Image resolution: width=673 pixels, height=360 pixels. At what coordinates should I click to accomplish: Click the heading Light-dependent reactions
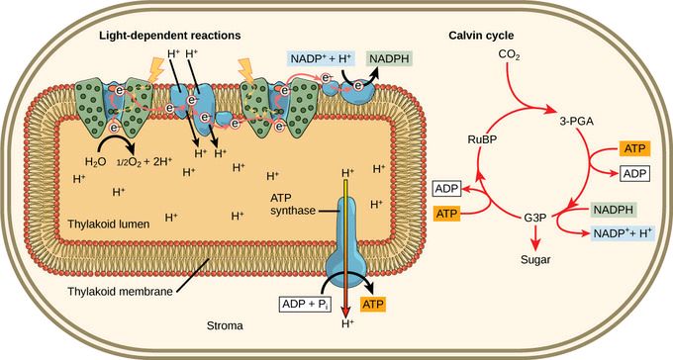tap(170, 36)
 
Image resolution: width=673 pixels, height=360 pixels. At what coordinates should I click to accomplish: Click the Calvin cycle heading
tap(481, 36)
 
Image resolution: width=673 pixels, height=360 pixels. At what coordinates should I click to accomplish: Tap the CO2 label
tap(509, 55)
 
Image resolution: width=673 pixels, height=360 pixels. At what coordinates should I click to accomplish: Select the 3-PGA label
tap(576, 122)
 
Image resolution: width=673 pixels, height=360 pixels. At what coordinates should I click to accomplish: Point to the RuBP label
tap(482, 139)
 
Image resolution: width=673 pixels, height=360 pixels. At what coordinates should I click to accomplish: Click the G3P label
tap(534, 218)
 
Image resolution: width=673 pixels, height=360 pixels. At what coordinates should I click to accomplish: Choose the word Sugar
tap(535, 259)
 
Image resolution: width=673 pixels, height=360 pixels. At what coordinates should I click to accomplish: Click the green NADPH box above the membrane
tap(389, 58)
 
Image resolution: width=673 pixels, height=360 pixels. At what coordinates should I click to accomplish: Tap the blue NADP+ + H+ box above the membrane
tap(321, 58)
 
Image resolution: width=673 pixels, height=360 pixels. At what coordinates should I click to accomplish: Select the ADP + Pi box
tap(305, 305)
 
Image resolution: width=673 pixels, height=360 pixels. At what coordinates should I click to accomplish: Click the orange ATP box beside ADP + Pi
tap(372, 305)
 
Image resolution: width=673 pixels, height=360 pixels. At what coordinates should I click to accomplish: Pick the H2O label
tap(95, 162)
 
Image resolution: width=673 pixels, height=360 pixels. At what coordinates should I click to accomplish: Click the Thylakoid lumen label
tap(109, 224)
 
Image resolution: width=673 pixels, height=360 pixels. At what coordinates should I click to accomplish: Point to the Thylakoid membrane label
tap(120, 292)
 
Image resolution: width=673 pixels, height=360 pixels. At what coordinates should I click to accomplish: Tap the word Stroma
tap(225, 325)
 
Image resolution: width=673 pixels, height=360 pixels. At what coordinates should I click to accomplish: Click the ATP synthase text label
tap(293, 205)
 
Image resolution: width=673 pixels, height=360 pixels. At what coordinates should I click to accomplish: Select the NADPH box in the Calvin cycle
tap(614, 210)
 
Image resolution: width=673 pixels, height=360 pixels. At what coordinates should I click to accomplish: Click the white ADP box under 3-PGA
tap(634, 174)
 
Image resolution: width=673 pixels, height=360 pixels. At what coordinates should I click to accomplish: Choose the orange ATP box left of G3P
tap(446, 214)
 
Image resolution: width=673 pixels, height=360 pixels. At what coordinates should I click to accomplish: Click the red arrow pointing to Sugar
tap(535, 236)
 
